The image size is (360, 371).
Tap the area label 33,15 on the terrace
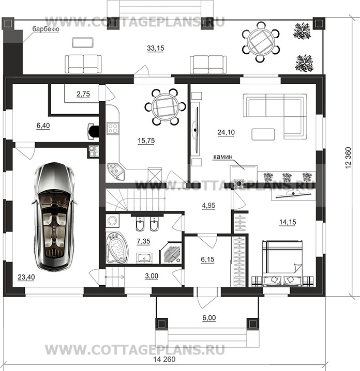pos(155,48)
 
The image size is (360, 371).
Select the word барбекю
pos(46,29)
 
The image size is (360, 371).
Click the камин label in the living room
pos(223,157)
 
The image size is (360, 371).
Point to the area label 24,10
pos(226,132)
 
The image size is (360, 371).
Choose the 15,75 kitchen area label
pos(146,141)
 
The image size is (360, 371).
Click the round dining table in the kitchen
pos(164,107)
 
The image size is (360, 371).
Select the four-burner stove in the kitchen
pos(113,128)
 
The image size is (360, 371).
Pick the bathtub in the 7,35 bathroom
pos(117,248)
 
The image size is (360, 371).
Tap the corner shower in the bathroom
pos(172,253)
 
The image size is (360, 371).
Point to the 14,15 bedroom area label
pos(288,222)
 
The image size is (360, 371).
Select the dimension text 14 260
pos(164,360)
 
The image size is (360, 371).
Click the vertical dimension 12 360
pos(348,158)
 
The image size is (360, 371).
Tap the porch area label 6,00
pos(209,318)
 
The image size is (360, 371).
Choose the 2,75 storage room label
pos(83,94)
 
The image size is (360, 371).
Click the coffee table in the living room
pos(263,134)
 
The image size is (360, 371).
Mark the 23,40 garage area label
pos(26,277)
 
